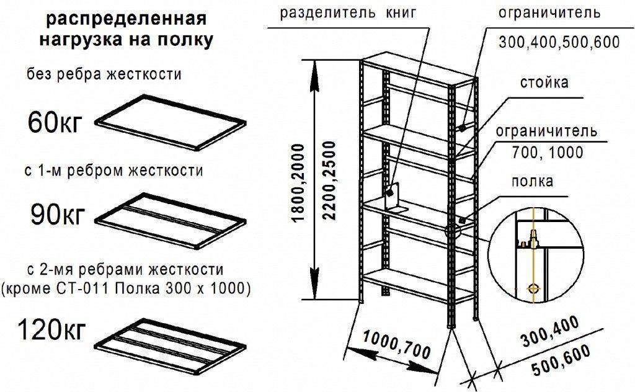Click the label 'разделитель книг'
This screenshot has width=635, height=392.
(347, 13)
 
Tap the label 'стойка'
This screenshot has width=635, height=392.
(544, 82)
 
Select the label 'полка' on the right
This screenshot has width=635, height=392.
(532, 181)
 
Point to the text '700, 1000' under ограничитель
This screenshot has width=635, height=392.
(548, 152)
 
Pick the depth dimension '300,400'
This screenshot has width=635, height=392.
(549, 331)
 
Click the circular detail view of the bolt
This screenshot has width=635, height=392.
(536, 255)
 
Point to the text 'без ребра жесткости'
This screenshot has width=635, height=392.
(104, 75)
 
